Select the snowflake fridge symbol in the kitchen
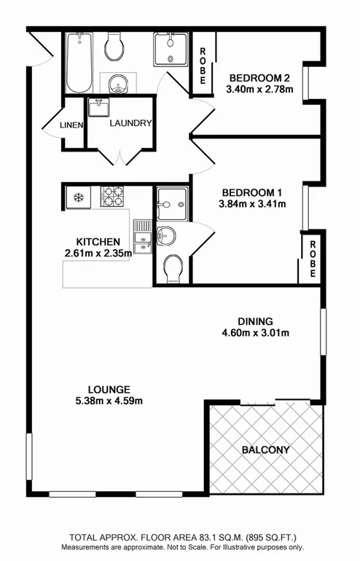77,197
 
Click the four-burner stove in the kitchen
112,197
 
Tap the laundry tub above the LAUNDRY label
98,109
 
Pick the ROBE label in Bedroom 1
311,259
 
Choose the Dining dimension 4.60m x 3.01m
255,334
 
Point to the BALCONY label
265,450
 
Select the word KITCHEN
98,241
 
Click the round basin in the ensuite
167,235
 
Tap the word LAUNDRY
130,123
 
